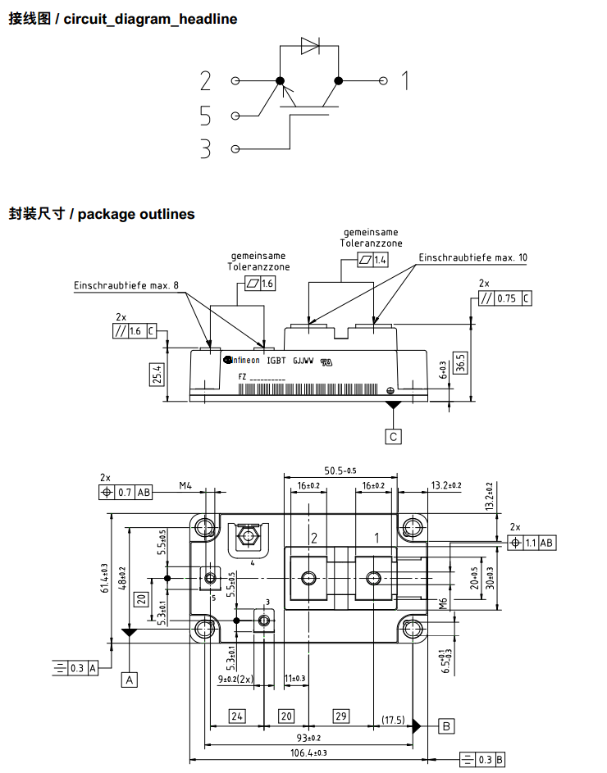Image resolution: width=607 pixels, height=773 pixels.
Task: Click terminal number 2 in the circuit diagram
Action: pos(205,81)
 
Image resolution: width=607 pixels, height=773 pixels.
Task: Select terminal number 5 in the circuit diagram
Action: pos(205,116)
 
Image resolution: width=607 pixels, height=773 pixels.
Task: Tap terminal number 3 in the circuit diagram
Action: pos(205,149)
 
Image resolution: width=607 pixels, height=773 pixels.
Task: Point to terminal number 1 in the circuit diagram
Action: pos(404,81)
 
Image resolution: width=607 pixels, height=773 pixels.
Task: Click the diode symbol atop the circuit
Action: pos(310,46)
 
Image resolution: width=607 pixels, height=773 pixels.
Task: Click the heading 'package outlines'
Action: pos(136,214)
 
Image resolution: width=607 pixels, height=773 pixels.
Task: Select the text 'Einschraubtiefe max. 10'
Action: pos(473,257)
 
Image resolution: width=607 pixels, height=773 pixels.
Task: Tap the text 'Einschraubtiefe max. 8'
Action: pos(126,285)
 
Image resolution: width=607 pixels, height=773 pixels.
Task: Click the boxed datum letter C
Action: pos(394,436)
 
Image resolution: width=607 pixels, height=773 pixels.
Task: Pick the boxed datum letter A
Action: pos(129,679)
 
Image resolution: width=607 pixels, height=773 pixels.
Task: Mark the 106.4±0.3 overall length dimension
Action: pos(308,753)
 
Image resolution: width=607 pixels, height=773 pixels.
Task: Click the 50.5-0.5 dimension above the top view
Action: pos(340,471)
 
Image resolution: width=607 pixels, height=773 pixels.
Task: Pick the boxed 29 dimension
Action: pos(340,716)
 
